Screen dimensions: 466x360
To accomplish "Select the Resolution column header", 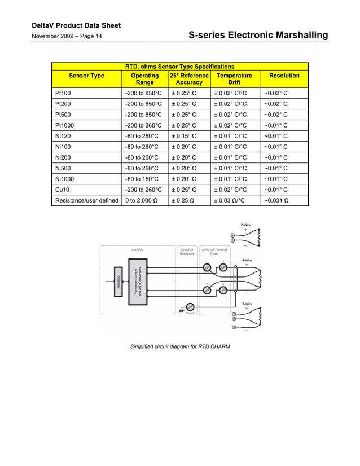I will [x=284, y=76].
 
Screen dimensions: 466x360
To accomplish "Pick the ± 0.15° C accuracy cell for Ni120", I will [x=184, y=136].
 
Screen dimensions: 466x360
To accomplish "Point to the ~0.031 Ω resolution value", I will [x=276, y=200].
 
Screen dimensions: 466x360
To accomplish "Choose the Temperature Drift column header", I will [x=235, y=79].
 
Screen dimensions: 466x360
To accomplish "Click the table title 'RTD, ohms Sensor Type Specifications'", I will [x=179, y=67].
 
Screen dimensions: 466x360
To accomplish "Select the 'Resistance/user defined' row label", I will [x=87, y=200].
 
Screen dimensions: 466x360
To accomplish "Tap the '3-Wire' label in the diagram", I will [x=247, y=304].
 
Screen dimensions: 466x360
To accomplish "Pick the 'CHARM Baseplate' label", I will [x=187, y=252].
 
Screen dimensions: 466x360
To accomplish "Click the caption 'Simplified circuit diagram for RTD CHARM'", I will [x=180, y=346].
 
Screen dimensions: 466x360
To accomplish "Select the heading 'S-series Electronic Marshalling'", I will [x=258, y=36].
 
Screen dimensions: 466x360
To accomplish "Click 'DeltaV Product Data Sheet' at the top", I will [x=76, y=26].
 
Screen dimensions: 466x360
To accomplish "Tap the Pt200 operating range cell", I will [x=143, y=104].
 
